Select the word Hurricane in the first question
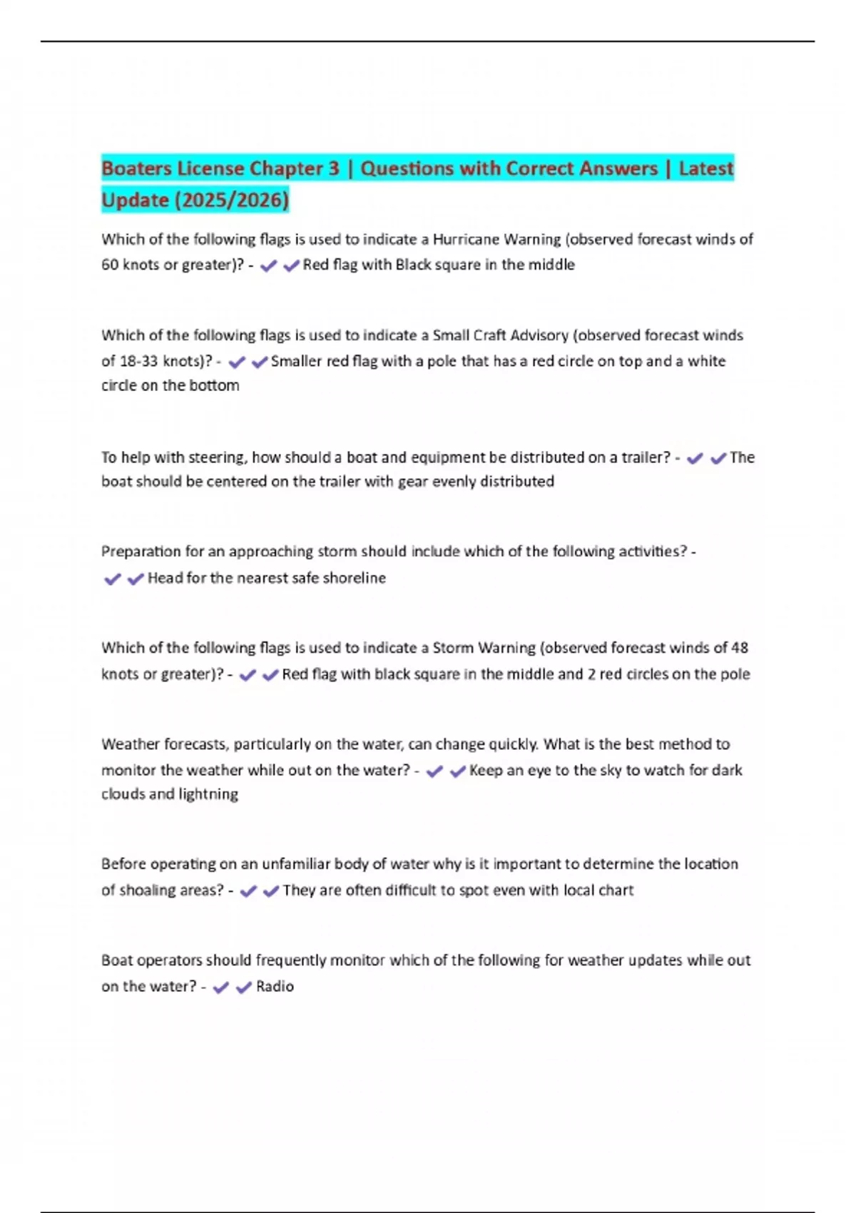click(466, 239)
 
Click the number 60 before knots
click(110, 265)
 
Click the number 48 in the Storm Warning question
click(739, 648)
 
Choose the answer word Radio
click(275, 987)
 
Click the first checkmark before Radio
click(221, 988)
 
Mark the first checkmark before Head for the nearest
click(112, 579)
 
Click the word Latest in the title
click(705, 168)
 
